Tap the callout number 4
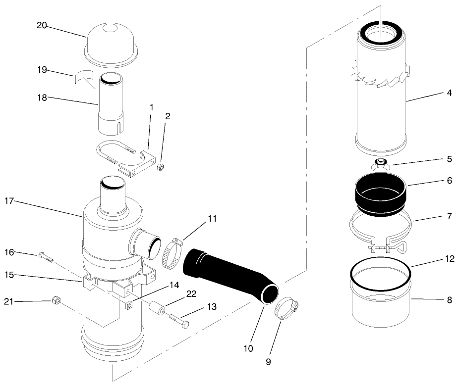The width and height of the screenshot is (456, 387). click(x=449, y=93)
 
